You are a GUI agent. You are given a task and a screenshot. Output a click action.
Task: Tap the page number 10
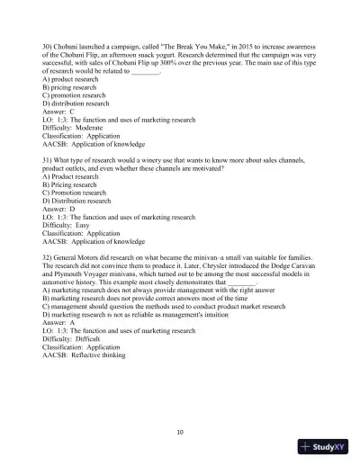180,432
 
